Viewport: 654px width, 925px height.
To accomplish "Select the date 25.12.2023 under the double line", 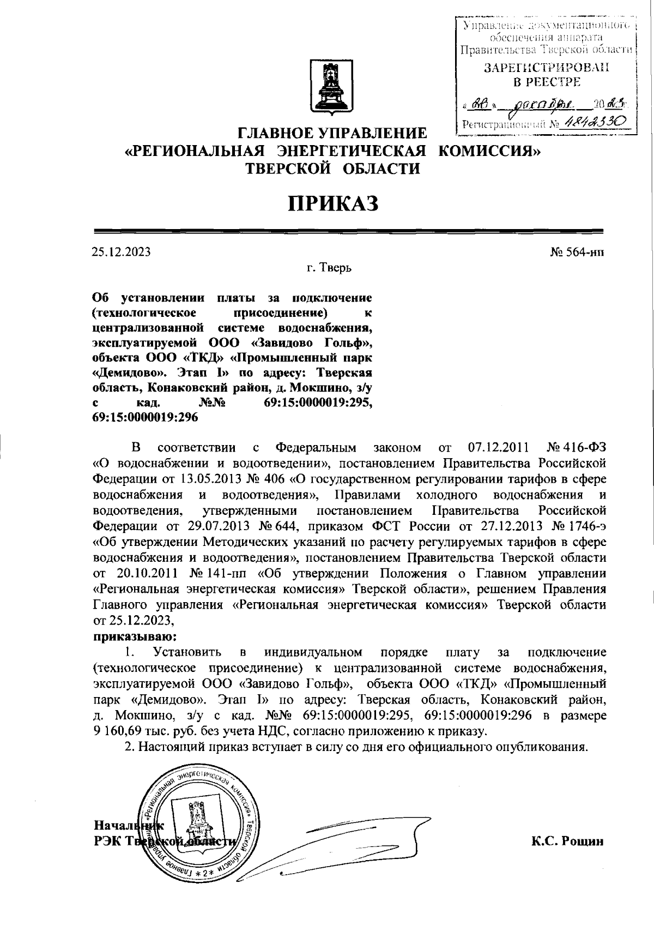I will click(x=121, y=252).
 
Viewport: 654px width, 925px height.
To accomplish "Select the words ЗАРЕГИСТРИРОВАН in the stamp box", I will click(x=547, y=68).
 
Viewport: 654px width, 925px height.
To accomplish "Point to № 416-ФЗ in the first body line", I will click(x=576, y=448).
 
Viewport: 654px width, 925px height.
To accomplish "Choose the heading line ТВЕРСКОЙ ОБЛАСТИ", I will click(x=333, y=168).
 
